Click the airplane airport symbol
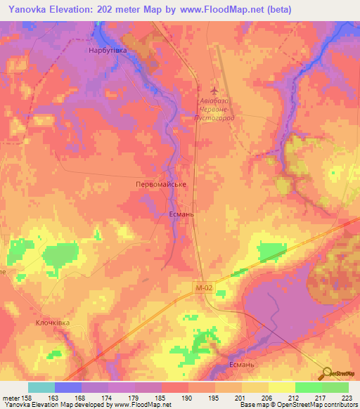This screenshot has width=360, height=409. coord(215,91)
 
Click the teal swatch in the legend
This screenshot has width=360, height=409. coord(41,387)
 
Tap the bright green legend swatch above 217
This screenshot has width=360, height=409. coord(308,387)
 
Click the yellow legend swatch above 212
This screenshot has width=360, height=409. coord(281,387)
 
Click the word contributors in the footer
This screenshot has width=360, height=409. coord(340,405)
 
